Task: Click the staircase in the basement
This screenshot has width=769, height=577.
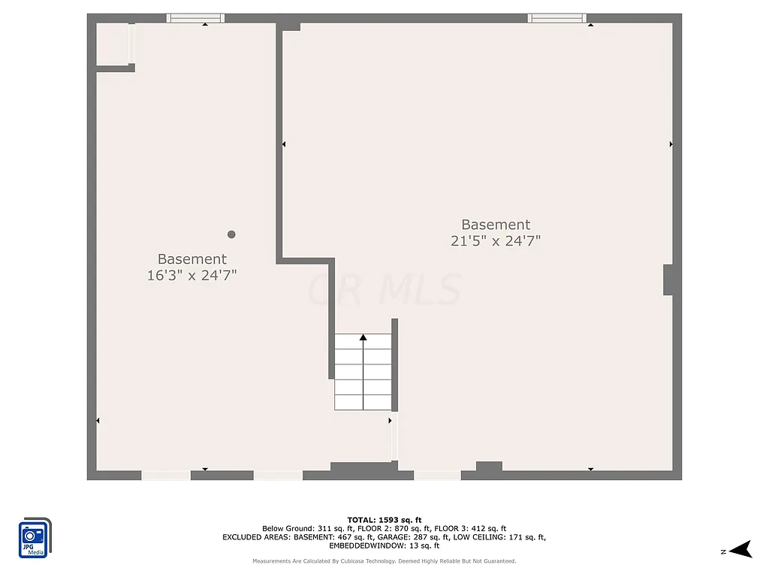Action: (363, 373)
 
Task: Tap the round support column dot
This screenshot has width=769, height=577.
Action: (231, 234)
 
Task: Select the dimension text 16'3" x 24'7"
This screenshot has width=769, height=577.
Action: (192, 276)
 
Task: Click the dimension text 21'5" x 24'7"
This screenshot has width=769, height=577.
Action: (496, 241)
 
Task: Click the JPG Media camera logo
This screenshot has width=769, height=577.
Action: (35, 537)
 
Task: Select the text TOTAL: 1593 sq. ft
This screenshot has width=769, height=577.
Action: (384, 520)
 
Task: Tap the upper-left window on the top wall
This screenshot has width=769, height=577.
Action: (195, 18)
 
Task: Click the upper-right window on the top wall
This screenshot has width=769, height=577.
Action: (556, 18)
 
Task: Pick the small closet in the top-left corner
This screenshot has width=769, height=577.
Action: (112, 44)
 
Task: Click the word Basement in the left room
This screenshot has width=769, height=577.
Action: (192, 259)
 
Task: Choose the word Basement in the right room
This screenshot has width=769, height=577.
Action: (496, 225)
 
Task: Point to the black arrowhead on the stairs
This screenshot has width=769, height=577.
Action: (363, 338)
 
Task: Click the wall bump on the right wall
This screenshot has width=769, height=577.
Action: (668, 279)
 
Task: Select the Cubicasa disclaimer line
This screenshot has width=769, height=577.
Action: (384, 561)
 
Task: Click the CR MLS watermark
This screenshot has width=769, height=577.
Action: (384, 289)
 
